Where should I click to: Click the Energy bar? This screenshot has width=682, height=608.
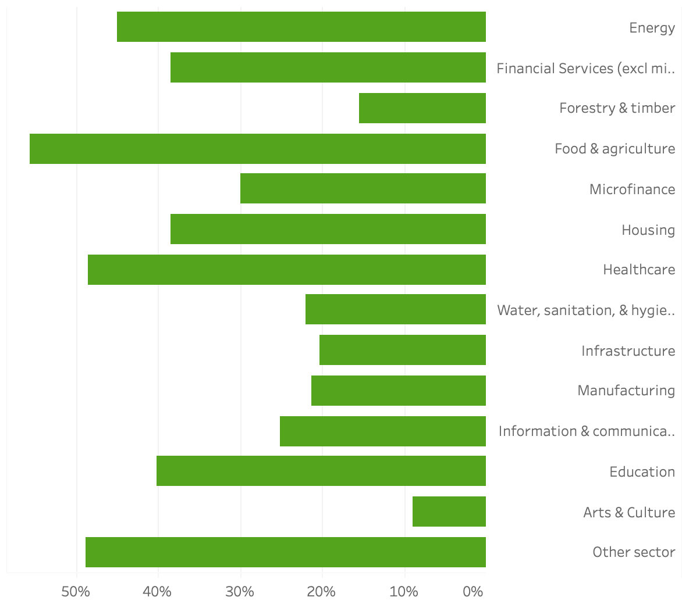click(x=301, y=27)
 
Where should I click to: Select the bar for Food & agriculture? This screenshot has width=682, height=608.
click(x=258, y=149)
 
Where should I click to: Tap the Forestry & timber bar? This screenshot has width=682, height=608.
click(x=422, y=108)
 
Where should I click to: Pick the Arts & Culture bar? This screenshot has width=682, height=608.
click(x=449, y=512)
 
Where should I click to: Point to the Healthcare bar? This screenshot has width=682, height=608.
click(x=287, y=270)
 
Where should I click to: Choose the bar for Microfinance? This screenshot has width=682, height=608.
click(x=363, y=188)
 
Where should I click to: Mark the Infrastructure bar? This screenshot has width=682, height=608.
click(x=403, y=350)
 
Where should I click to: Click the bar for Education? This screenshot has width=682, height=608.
click(x=321, y=471)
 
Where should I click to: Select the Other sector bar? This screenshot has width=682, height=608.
click(x=286, y=552)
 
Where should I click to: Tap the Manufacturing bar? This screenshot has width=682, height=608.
click(x=399, y=391)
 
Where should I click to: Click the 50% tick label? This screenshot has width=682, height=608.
click(x=76, y=592)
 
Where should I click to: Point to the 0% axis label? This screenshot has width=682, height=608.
click(x=473, y=592)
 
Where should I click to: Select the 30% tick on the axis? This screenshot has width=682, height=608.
click(x=240, y=592)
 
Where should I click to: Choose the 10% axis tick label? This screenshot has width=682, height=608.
click(x=403, y=592)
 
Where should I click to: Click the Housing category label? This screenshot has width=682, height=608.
click(x=648, y=230)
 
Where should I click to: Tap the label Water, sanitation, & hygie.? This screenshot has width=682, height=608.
click(x=585, y=310)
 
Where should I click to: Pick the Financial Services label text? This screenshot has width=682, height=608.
click(x=585, y=69)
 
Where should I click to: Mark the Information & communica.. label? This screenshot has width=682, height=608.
click(x=587, y=431)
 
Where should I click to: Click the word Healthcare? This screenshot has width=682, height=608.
click(x=639, y=270)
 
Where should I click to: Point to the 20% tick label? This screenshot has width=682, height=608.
click(x=321, y=592)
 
